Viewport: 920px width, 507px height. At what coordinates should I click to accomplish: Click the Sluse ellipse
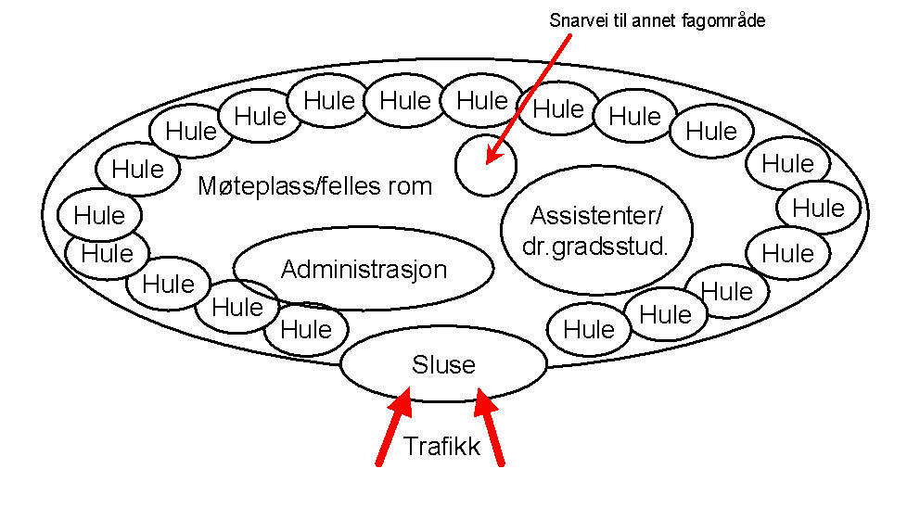443,364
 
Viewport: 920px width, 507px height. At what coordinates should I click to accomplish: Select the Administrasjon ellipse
364,269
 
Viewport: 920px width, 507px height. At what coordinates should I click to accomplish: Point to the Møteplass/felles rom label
315,186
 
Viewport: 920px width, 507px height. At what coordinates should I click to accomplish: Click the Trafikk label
441,447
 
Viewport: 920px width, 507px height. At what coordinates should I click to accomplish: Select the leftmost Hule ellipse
98,216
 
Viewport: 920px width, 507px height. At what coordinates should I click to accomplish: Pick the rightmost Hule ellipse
818,208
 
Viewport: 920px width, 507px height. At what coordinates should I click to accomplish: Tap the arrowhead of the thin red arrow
492,158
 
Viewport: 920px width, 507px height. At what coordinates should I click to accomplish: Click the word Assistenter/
596,216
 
